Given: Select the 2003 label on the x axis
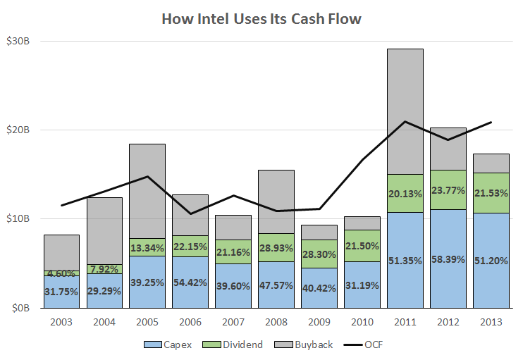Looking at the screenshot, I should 61,323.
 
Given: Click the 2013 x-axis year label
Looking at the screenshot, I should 491,323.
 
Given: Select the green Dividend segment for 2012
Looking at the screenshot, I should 448,190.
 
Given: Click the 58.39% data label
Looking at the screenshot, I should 448,260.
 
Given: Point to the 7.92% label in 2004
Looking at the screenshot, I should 104,268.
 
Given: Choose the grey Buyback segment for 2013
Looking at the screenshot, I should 491,163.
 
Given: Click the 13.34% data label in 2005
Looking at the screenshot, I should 147,247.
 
